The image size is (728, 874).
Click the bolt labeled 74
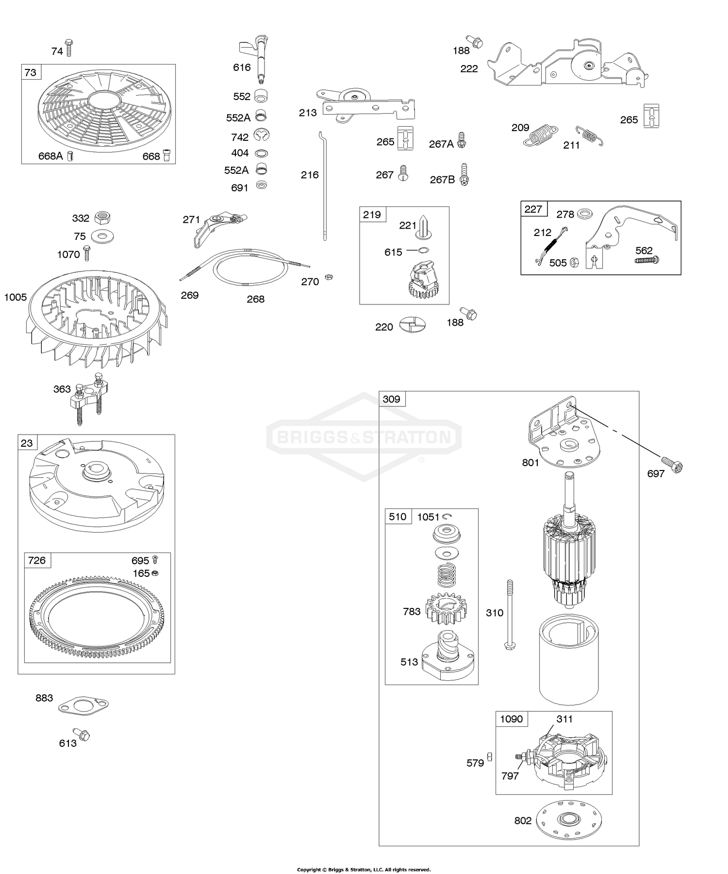[x=69, y=48]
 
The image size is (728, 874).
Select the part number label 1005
[x=16, y=297]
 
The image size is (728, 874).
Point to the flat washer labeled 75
[x=102, y=237]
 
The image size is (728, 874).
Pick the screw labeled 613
[x=82, y=735]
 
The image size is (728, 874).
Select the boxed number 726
[x=37, y=560]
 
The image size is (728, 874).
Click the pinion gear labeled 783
[x=446, y=609]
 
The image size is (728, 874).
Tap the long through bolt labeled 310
[x=510, y=614]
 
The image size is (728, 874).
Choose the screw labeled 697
[x=672, y=464]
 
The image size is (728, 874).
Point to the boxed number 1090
[x=512, y=719]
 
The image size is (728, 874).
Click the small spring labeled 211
[x=589, y=135]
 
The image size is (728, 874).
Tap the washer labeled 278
[x=585, y=213]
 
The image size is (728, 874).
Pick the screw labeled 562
[x=646, y=260]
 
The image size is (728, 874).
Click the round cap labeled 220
[x=413, y=324]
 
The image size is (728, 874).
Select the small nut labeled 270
[x=329, y=277]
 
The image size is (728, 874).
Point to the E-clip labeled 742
[x=261, y=135]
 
